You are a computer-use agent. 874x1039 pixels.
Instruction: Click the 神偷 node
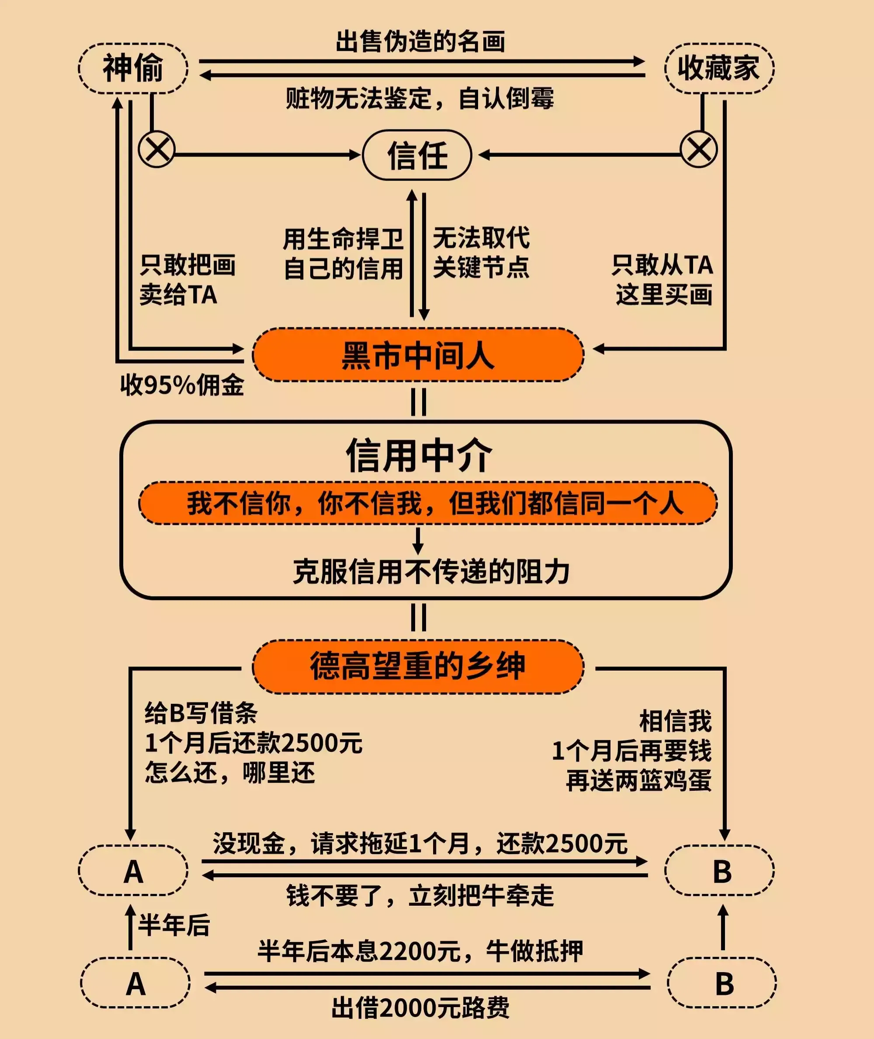pos(133,68)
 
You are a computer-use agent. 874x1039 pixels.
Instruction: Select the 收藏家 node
pos(718,68)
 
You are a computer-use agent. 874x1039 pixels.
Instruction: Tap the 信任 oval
pos(417,155)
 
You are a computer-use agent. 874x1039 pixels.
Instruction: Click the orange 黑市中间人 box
pos(418,355)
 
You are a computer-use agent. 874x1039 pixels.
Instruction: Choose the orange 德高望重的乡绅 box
pos(418,667)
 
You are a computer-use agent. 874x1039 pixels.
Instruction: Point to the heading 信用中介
pos(419,455)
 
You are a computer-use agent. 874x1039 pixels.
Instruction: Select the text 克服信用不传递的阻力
pos(431,572)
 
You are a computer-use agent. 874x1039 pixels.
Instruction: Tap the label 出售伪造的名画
pos(420,42)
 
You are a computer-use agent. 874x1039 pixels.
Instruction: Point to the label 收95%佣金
pos(182,385)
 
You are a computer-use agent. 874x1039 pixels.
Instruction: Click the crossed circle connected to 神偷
pos(156,149)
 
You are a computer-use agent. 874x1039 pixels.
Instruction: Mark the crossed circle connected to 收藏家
pos(699,149)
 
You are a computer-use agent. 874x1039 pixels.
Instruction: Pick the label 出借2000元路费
pos(420,1008)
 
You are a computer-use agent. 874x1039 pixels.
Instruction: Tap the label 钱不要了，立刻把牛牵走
pos(420,896)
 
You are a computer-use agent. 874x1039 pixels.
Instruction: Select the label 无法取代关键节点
pos(481,253)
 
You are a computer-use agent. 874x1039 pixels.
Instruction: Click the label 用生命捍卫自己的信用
pos(343,254)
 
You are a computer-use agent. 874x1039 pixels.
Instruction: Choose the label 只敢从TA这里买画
pos(663,279)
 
